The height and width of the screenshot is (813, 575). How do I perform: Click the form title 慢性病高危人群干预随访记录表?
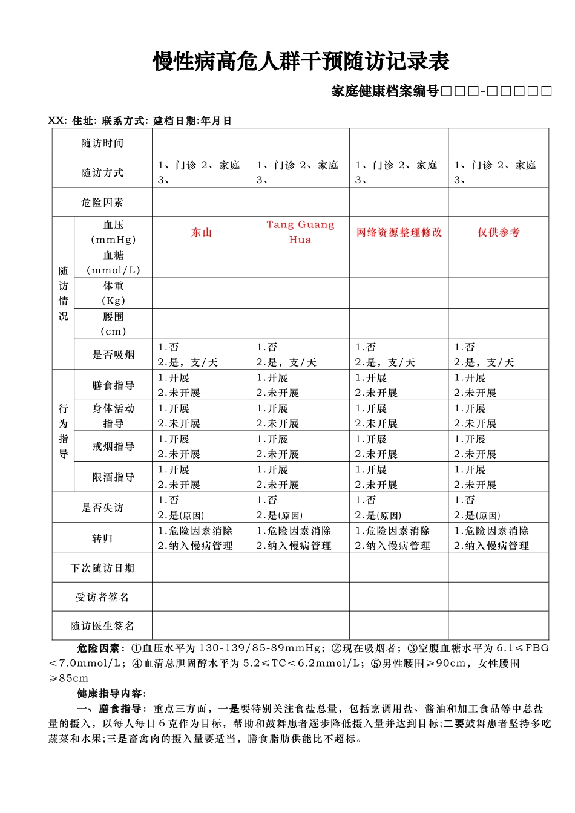coord(301,62)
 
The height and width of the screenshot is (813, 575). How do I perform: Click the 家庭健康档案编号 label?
coord(385,91)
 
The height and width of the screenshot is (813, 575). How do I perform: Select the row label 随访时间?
coord(102,143)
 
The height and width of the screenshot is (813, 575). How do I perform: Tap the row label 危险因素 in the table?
coord(102,203)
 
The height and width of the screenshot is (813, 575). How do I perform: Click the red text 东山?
coord(202,232)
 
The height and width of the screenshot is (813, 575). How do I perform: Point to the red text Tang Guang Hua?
coord(300,232)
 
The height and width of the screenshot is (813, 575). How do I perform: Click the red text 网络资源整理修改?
coord(399,232)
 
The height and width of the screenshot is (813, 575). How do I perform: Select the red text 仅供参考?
coord(498,232)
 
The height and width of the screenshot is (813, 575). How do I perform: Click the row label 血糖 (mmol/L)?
coord(113,263)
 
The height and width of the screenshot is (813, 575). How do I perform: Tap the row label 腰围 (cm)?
coord(113,324)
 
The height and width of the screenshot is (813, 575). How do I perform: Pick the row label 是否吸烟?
coord(113,355)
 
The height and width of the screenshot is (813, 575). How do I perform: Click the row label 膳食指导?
coord(113,385)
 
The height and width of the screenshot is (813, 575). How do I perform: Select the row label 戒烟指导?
coord(113,446)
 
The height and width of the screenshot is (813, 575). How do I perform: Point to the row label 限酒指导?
coord(113,477)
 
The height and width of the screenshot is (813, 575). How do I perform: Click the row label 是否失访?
coord(102,508)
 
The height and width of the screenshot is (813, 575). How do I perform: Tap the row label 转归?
coord(102,538)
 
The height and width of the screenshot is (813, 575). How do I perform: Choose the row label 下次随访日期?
coord(102,568)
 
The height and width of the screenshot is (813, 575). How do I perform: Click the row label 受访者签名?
coord(102,597)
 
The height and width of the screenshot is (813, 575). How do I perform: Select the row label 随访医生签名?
coord(102,626)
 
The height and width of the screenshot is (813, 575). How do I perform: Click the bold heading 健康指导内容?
coord(111,693)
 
